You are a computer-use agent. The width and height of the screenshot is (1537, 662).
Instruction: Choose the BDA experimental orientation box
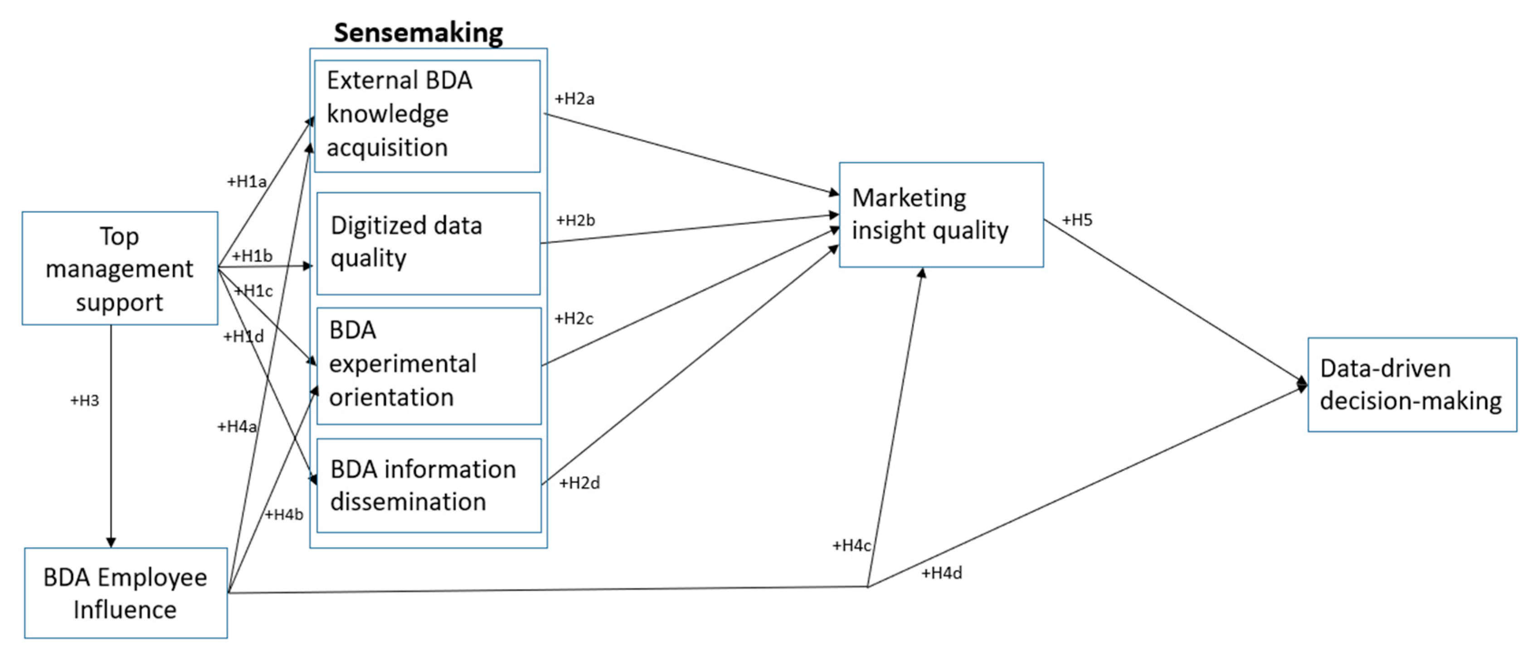tap(428, 365)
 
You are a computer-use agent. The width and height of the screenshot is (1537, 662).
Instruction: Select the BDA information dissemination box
tap(428, 485)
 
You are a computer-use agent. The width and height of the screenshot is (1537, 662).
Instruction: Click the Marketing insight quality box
tap(941, 214)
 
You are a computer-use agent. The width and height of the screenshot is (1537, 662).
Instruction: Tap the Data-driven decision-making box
tap(1412, 384)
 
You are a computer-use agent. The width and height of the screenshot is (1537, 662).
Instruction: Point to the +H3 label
tap(85, 401)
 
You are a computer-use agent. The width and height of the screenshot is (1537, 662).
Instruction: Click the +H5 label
tap(1077, 220)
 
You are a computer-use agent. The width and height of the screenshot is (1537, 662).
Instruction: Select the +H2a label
tap(574, 99)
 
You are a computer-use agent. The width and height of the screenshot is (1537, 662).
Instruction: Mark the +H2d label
tap(579, 483)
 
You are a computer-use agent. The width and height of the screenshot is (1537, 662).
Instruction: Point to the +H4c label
tap(851, 545)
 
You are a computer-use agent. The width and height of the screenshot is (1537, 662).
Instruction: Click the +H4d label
tap(942, 574)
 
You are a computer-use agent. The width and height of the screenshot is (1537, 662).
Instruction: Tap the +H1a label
tap(247, 181)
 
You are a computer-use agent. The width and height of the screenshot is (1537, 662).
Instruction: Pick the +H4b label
tap(284, 515)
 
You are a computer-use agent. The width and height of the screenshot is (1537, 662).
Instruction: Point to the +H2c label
tap(574, 319)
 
